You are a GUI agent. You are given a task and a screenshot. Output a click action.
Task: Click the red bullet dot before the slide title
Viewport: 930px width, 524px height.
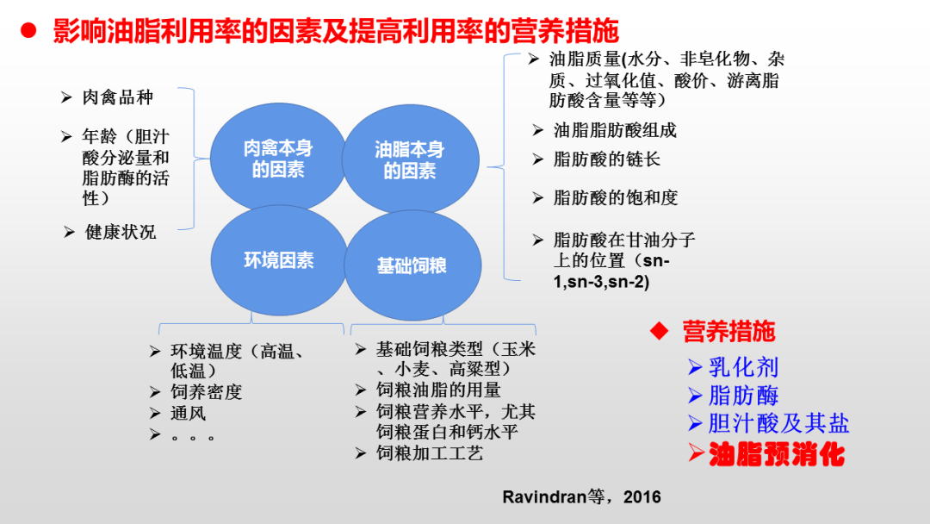[28, 32]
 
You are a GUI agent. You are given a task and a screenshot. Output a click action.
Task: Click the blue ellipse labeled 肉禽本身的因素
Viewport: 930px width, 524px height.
[277, 159]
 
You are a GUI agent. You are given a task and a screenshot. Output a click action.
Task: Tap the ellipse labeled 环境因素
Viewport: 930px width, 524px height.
[278, 260]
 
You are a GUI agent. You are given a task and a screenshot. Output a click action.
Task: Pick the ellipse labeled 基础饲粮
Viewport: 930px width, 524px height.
[411, 265]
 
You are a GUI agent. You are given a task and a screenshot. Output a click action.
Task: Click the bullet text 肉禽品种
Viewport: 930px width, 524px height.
[117, 97]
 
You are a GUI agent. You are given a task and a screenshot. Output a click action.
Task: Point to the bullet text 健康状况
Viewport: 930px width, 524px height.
[121, 232]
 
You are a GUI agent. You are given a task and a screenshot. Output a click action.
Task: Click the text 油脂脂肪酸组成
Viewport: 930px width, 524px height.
[615, 130]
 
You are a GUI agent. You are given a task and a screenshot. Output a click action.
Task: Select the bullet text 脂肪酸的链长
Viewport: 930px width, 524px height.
[607, 159]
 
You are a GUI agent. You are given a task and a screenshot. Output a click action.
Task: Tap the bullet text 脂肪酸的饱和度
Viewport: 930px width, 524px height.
[616, 197]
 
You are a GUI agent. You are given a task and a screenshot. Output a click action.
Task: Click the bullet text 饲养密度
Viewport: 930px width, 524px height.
[206, 392]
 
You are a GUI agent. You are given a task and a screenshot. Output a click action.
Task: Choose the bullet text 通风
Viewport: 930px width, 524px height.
[188, 414]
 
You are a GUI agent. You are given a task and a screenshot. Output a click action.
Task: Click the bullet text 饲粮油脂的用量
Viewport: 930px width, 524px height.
[438, 390]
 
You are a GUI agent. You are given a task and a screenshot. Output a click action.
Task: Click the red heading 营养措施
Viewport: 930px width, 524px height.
[728, 331]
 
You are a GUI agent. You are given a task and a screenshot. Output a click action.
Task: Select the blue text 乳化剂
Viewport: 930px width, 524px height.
[743, 367]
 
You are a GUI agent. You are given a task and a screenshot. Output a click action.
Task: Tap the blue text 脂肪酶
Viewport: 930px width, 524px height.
[743, 396]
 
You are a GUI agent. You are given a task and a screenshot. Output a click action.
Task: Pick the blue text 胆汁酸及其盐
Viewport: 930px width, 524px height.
[778, 424]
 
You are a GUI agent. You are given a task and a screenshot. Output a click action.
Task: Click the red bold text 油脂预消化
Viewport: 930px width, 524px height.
[776, 454]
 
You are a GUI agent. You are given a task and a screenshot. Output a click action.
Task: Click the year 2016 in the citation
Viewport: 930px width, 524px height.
[642, 497]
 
